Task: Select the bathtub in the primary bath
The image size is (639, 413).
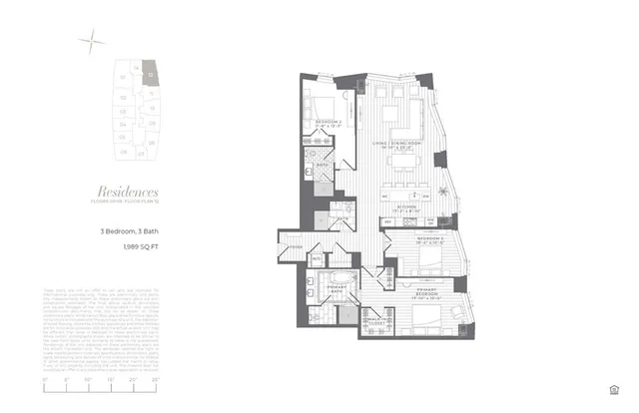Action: coord(342,276)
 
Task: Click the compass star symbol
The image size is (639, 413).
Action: coord(92,41)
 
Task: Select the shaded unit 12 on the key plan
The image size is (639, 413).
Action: coord(147,71)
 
